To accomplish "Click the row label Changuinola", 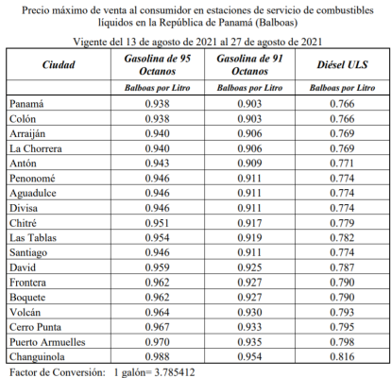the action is [41, 357].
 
